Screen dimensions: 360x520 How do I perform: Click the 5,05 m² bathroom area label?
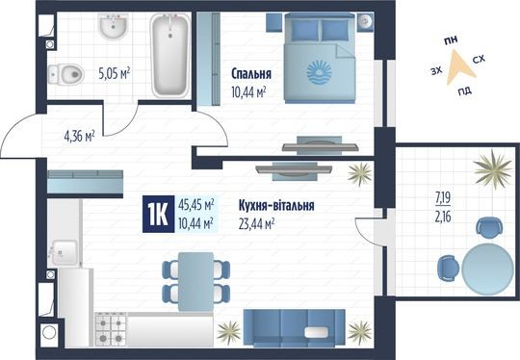pos(113,70)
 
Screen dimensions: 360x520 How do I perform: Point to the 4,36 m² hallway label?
pos(77,137)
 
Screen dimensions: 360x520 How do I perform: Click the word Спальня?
pos(251,73)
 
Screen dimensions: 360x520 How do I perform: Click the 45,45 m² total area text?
pos(196,204)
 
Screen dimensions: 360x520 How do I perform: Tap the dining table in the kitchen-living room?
pos(195,276)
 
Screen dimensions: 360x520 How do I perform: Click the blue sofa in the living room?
pos(295,328)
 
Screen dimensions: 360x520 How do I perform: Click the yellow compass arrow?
pos(458,66)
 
